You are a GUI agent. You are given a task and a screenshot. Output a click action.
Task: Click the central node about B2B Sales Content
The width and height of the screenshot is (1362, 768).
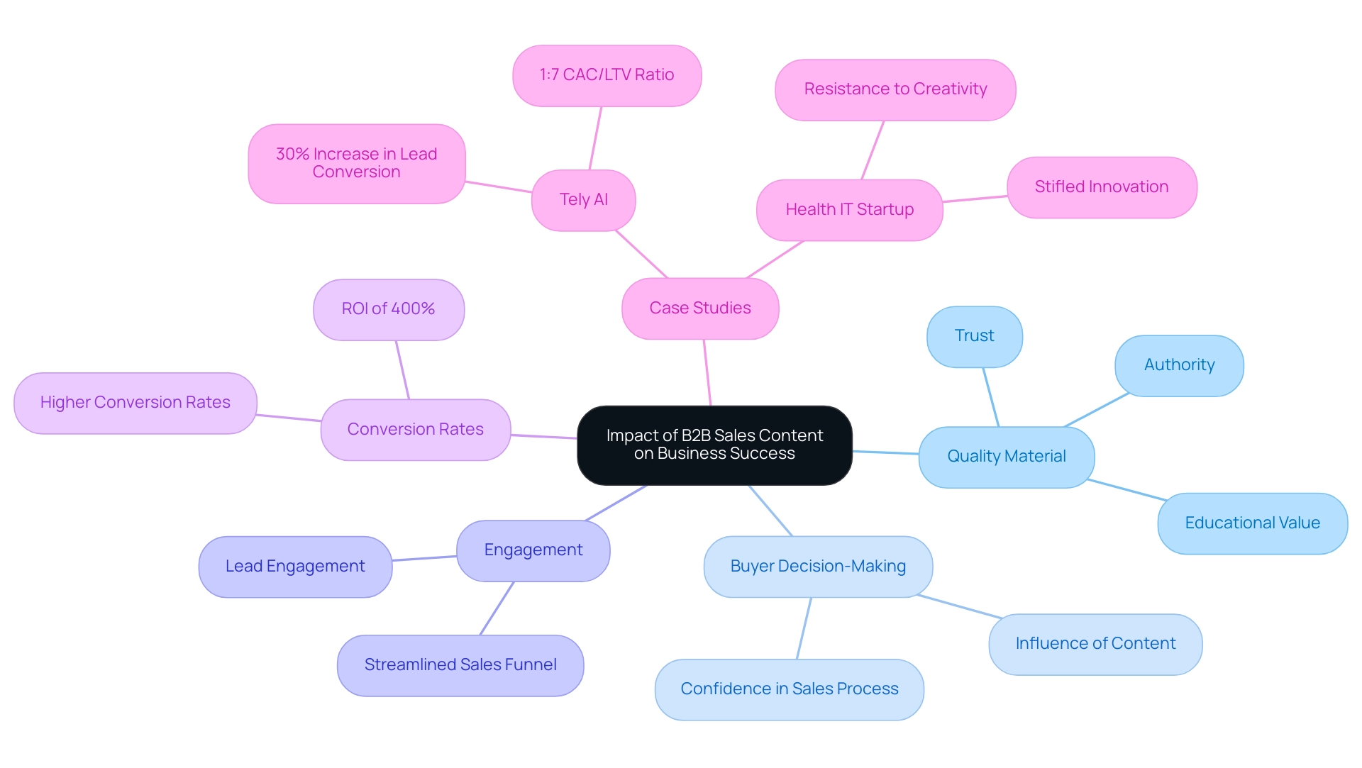714,445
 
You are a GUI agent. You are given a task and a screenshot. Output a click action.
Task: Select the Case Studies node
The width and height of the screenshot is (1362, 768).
700,308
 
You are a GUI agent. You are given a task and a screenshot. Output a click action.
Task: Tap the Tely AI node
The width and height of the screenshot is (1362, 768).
583,200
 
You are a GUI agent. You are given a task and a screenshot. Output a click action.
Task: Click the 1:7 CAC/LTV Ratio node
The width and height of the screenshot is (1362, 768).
607,75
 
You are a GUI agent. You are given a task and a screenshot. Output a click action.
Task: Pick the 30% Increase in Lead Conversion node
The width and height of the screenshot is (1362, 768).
356,163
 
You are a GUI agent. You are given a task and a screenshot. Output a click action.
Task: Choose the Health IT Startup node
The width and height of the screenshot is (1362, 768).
849,210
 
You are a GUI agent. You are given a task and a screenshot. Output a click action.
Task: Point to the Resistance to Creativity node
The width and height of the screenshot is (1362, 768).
895,89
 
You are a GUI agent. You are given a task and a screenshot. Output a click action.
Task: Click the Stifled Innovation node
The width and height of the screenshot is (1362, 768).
1101,187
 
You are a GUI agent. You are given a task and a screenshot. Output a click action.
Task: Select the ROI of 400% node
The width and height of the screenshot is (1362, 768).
388,309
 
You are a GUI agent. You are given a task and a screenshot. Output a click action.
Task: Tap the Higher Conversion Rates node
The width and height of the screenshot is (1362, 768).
135,403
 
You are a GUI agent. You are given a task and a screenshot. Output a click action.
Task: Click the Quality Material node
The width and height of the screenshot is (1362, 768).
1006,457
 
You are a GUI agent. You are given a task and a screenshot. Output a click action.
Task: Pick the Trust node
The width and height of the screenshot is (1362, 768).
974,336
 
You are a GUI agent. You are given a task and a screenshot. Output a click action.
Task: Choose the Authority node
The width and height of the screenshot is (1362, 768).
1179,365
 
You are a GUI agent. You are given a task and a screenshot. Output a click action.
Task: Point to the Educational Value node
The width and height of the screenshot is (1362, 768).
1252,523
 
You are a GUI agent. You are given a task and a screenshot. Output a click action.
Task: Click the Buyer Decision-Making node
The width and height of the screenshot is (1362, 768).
818,567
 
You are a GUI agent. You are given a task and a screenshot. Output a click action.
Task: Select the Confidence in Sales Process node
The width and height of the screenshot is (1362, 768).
789,689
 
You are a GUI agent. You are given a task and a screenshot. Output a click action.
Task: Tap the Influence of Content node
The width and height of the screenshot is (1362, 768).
1095,644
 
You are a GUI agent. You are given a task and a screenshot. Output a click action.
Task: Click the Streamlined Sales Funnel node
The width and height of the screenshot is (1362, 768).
460,665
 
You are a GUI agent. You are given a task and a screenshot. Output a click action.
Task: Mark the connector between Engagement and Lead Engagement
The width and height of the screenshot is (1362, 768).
424,559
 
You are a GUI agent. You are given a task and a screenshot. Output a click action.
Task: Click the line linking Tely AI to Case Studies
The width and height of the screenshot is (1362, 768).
642,254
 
